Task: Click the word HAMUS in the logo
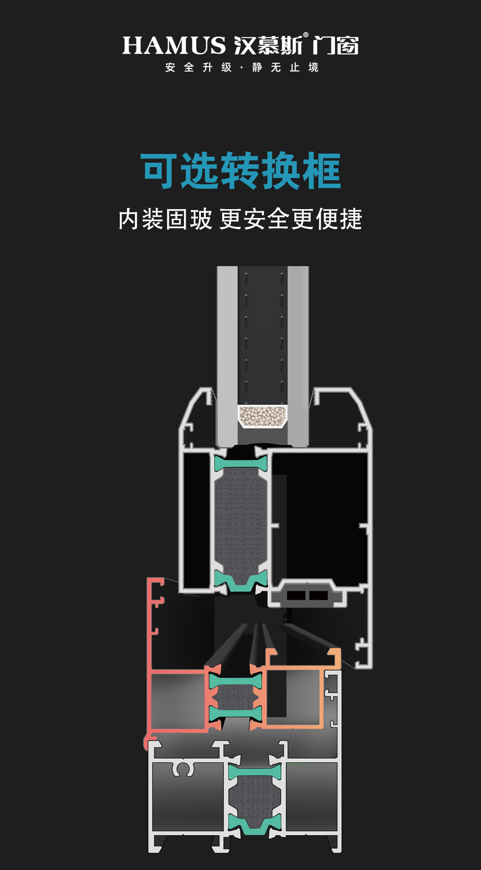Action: pos(174,45)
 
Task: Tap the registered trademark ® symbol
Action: pos(306,35)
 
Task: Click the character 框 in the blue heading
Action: pos(322,171)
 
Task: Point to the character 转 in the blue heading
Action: pos(240,171)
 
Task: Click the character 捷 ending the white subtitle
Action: pos(351,219)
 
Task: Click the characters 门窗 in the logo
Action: pos(335,45)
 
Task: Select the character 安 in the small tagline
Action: pos(170,68)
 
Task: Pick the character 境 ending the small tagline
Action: pos(314,68)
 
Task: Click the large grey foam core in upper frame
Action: pos(241,521)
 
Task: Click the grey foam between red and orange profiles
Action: pos(235,697)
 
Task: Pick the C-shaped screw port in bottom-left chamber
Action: pos(183,769)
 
